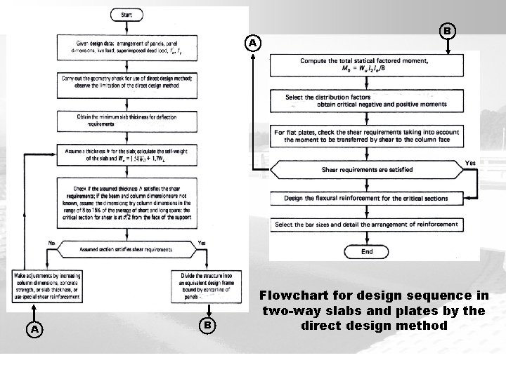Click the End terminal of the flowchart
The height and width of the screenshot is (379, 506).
point(366,251)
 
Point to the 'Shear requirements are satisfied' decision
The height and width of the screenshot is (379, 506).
point(367,169)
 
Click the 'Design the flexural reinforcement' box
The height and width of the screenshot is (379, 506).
point(367,198)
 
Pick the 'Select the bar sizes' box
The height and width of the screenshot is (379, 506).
point(367,225)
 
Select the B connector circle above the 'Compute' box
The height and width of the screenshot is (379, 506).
point(446,32)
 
